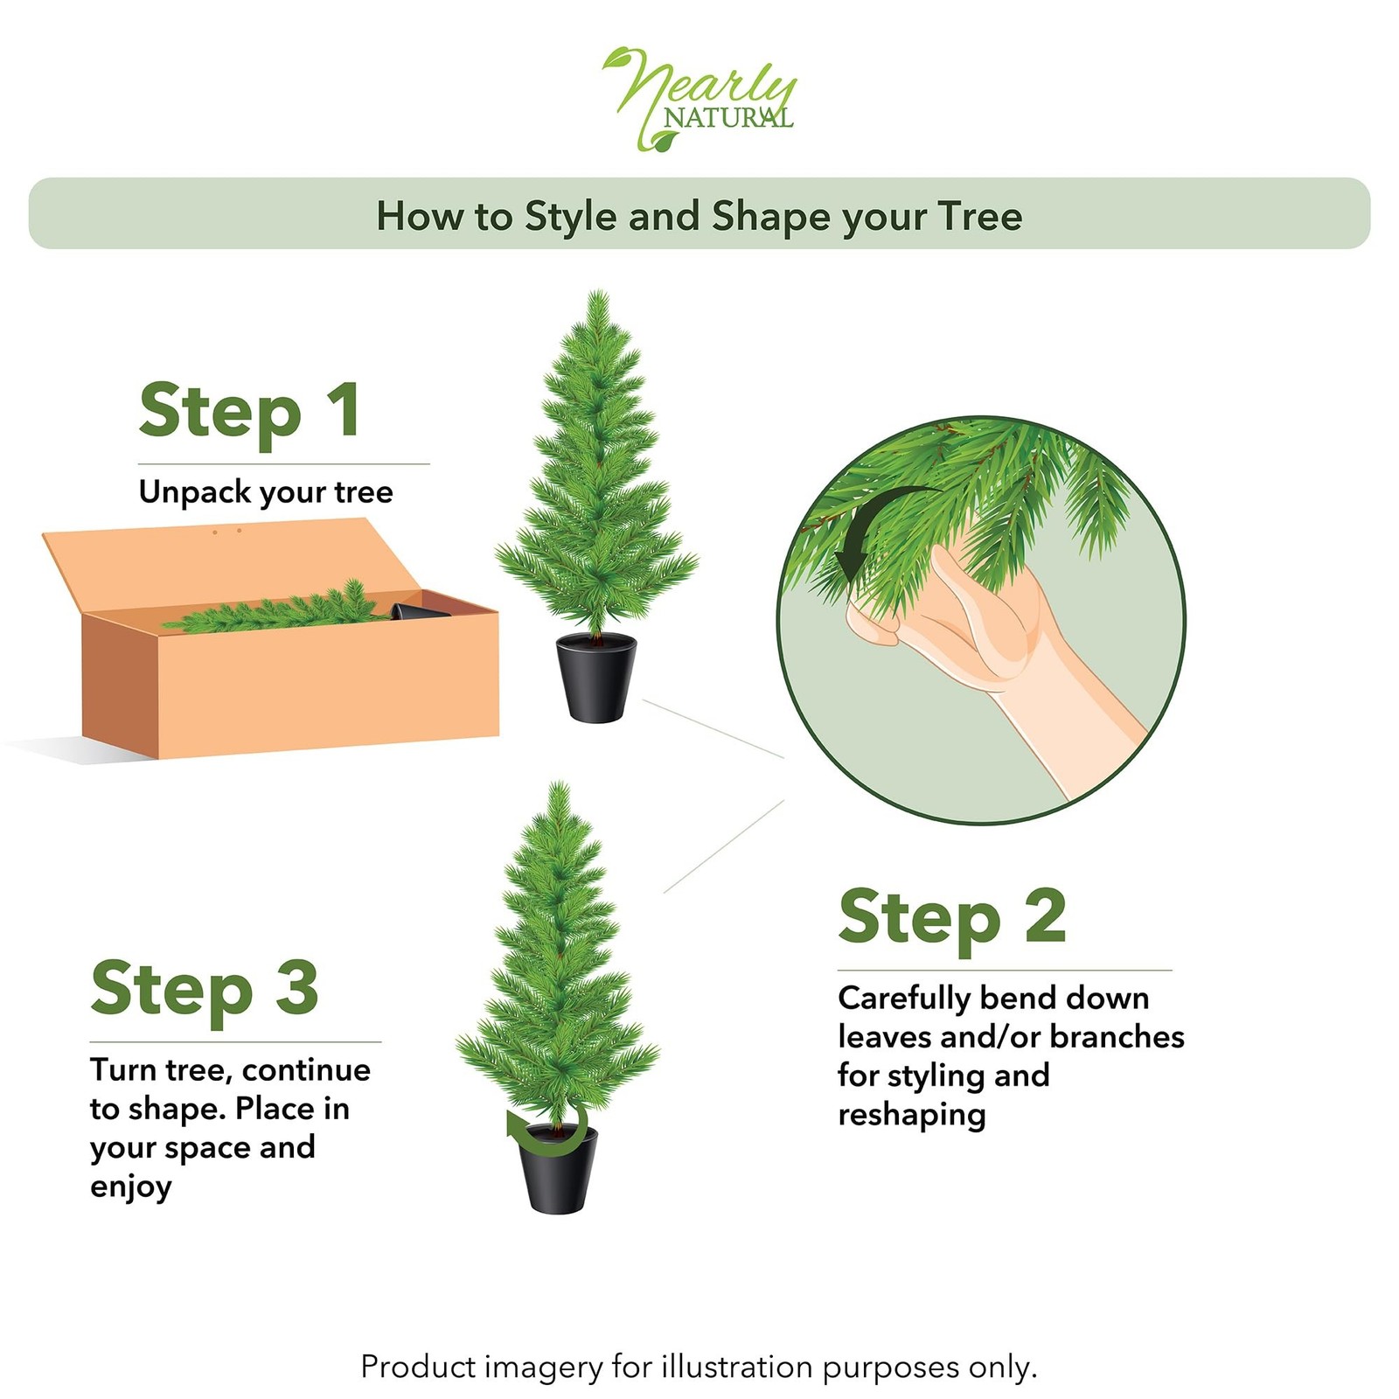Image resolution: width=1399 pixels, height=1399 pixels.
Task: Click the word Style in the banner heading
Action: [570, 216]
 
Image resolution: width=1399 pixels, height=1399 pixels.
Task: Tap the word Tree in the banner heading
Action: [979, 216]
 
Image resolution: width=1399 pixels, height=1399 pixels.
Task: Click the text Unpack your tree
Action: [266, 491]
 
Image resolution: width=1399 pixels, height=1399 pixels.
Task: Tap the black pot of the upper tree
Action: [596, 678]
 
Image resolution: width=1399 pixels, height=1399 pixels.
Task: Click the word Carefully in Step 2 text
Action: [903, 998]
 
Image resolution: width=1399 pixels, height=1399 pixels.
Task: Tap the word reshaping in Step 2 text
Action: [911, 1115]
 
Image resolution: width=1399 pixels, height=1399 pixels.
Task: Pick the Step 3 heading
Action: [204, 988]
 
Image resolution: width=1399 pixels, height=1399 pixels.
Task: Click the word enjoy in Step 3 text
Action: [130, 1187]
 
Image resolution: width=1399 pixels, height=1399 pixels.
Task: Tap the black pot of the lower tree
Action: [558, 1172]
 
